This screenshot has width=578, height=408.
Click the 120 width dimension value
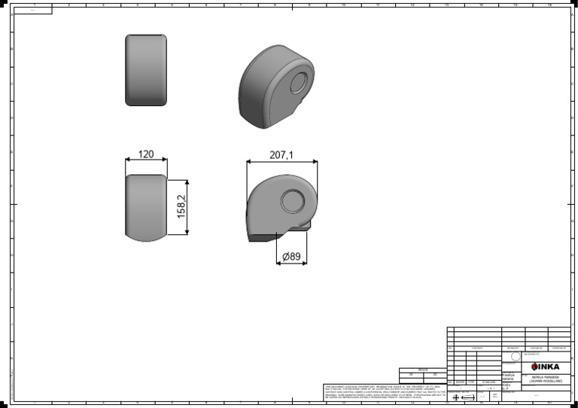146,154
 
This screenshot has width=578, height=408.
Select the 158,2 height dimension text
181,207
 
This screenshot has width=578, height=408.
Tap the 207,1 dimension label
281,155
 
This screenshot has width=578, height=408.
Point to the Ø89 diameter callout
291,257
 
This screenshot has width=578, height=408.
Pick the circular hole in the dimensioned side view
292,202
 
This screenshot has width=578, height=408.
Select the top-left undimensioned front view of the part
146,70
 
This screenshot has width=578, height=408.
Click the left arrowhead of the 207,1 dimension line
249,163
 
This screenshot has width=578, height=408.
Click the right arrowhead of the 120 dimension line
165,161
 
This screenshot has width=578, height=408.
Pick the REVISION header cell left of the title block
422,370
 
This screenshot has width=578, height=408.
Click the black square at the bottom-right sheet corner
573,403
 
